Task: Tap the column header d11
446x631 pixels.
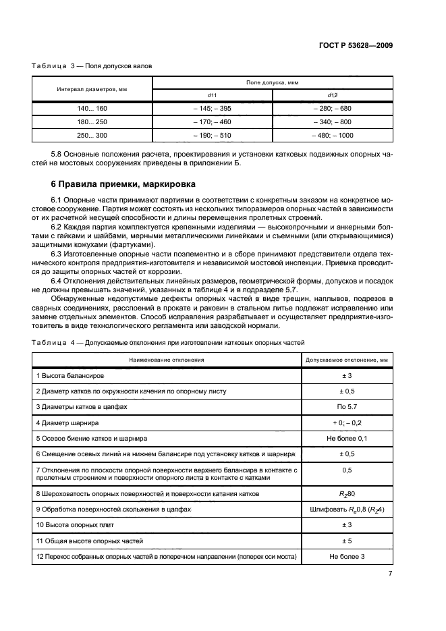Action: [x=212, y=96]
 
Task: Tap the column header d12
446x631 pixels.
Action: [x=333, y=96]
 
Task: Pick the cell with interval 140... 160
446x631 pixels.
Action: [x=92, y=108]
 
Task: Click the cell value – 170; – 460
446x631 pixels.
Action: [x=212, y=121]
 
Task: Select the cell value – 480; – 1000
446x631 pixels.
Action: [x=333, y=135]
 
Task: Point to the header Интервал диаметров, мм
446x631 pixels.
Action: [x=92, y=88]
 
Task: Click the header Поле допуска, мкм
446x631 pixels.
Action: [x=273, y=82]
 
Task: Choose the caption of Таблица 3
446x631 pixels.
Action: [x=92, y=66]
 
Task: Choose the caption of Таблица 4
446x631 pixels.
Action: [x=169, y=343]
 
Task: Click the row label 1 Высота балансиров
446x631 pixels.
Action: [x=69, y=375]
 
